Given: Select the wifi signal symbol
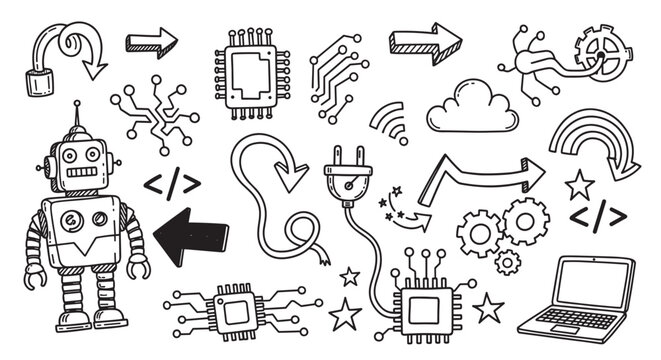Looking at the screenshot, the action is coord(389,125).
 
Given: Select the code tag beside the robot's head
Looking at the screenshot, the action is coord(171,184).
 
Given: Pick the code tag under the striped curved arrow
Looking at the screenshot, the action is coord(597,216).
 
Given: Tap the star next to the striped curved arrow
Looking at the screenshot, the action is coord(578,184).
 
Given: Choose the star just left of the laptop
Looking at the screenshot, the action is coord(488,307).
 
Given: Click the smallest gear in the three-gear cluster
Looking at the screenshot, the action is coord(507,262).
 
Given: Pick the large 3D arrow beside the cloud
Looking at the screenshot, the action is coord(424,42).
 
